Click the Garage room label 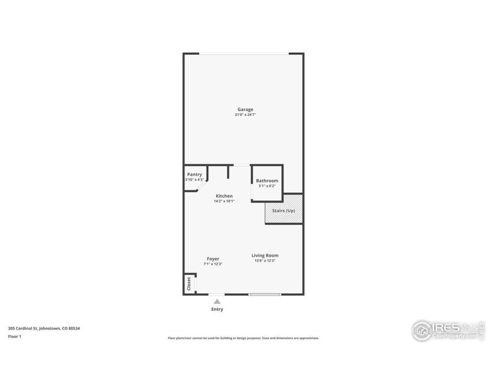pyautogui.click(x=245, y=109)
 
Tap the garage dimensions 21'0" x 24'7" pyautogui.click(x=245, y=115)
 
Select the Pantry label pyautogui.click(x=194, y=175)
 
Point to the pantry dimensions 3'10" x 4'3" pyautogui.click(x=194, y=180)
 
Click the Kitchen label pyautogui.click(x=224, y=196)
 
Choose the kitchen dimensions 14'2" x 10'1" pyautogui.click(x=224, y=201)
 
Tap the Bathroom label pyautogui.click(x=267, y=181)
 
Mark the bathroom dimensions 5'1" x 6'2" pyautogui.click(x=267, y=186)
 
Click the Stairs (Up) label pyautogui.click(x=284, y=210)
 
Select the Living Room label pyautogui.click(x=265, y=255)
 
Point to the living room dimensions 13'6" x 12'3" pyautogui.click(x=265, y=261)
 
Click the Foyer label pyautogui.click(x=212, y=259)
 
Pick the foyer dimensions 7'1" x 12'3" pyautogui.click(x=212, y=264)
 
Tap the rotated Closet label pyautogui.click(x=189, y=283)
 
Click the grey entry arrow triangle pyautogui.click(x=217, y=301)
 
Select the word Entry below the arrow pyautogui.click(x=217, y=310)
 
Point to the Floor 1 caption pyautogui.click(x=15, y=336)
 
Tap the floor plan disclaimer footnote pyautogui.click(x=243, y=338)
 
